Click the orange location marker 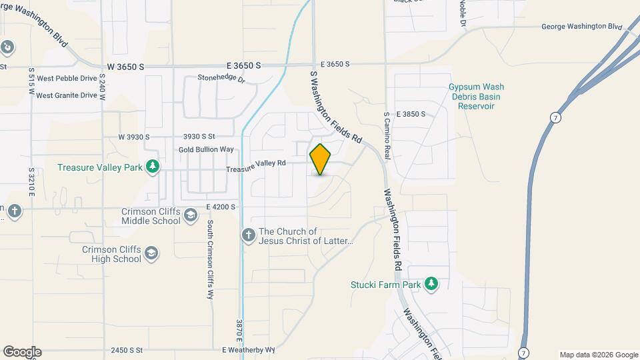point(320,159)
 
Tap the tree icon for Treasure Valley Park point(153,166)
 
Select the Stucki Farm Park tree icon point(432,284)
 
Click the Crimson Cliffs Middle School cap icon point(191,215)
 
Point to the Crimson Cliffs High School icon point(151,253)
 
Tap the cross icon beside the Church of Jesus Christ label point(248,235)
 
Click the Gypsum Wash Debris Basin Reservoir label point(475,97)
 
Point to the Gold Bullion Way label point(206,149)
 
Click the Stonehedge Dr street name point(221,79)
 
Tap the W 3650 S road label point(125,67)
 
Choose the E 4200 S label point(221,207)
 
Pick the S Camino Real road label point(386,133)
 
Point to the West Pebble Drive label point(67,78)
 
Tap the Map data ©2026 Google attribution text point(598,355)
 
